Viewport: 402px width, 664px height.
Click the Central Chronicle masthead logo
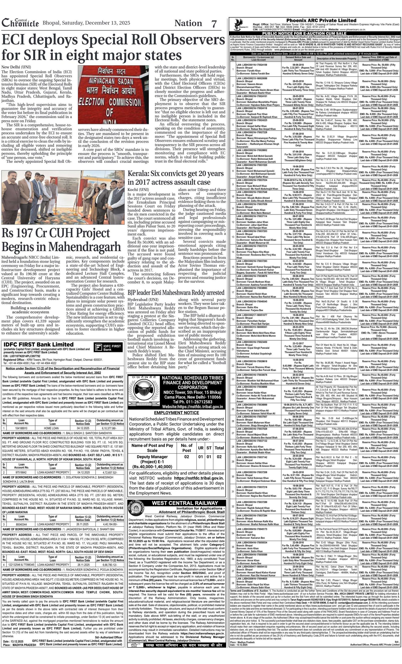click(20, 23)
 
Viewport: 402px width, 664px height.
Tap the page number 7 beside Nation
click(214, 24)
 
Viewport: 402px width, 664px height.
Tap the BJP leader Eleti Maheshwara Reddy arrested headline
click(176, 292)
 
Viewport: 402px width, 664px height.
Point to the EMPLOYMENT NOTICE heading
click(176, 413)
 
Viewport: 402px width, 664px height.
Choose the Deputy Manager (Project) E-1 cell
click(152, 462)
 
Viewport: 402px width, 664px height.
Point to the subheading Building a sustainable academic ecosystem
click(30, 310)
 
